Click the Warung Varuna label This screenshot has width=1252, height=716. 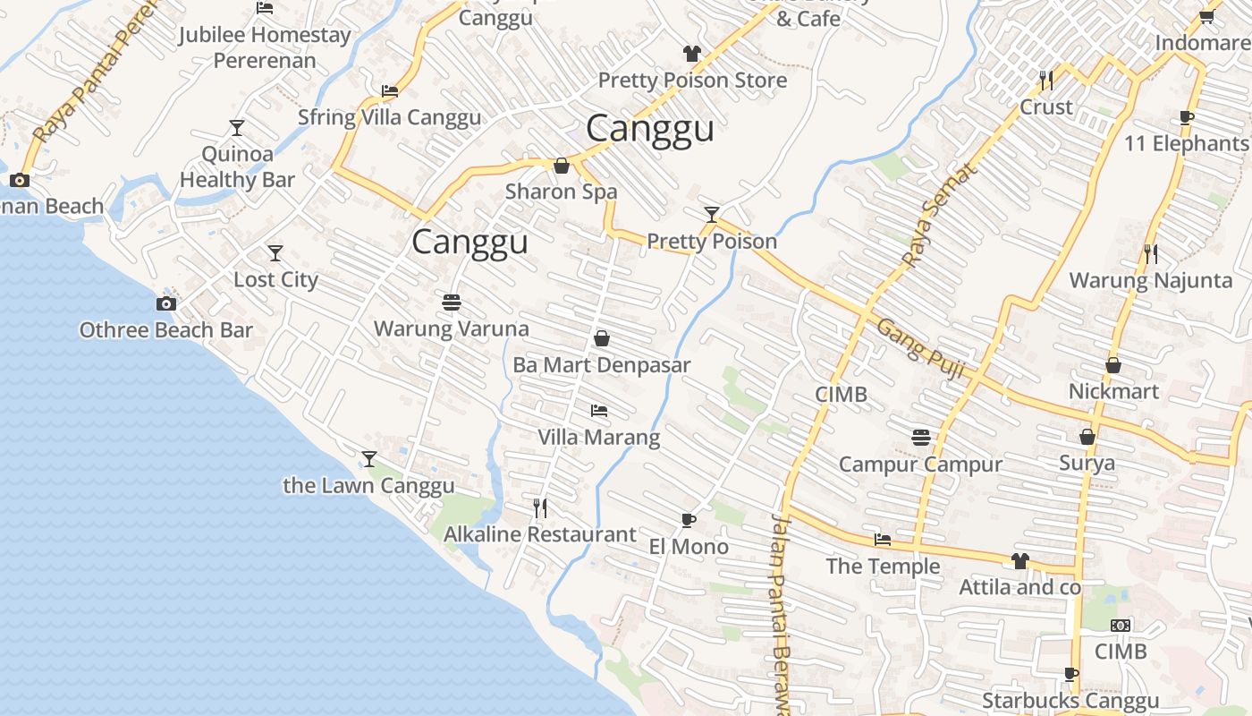[451, 328]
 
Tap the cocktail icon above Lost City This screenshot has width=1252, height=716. [275, 253]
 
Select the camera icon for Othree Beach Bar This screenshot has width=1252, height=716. [165, 304]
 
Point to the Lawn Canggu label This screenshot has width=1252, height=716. [368, 486]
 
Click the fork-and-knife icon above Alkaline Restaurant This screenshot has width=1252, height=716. [540, 508]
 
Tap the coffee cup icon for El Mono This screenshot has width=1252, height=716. [688, 520]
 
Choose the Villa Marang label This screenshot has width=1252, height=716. [598, 437]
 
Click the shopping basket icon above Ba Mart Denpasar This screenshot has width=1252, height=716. [602, 338]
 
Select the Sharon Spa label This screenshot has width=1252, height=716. [561, 192]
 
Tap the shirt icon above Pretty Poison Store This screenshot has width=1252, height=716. [692, 54]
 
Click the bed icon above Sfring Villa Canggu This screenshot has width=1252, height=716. [389, 91]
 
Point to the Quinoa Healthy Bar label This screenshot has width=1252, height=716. [237, 166]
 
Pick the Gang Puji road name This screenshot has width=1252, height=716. [920, 347]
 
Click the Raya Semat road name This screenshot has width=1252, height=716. [939, 216]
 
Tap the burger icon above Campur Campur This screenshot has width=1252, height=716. [921, 438]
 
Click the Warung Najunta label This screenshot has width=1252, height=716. [1150, 280]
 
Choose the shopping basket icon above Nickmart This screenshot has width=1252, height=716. [1113, 365]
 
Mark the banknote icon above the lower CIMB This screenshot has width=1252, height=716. [1120, 626]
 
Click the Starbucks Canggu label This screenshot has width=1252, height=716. [1070, 701]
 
